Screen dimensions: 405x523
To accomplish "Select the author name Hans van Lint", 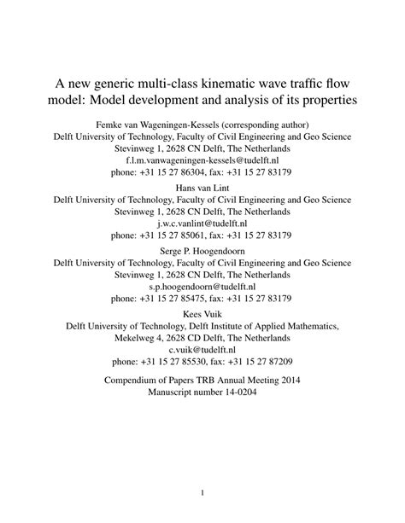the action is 202,188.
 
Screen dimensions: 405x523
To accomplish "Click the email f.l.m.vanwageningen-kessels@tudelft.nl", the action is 202,159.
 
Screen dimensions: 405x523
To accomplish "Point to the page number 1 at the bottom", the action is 202,492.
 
